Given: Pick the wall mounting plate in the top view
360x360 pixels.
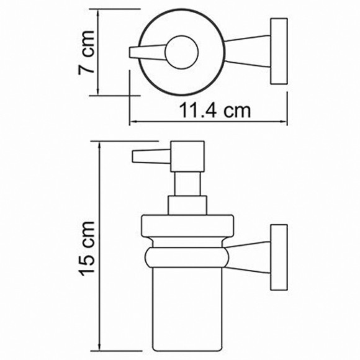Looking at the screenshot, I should click(x=278, y=50).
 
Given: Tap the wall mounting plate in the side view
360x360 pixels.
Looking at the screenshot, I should click(x=278, y=255).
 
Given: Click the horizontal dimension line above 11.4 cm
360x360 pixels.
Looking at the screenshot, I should click(x=208, y=122).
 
